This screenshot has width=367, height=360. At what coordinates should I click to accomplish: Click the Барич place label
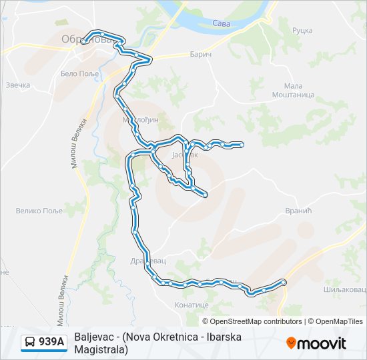pyautogui.click(x=200, y=53)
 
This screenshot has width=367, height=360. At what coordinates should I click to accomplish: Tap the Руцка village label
pyautogui.click(x=302, y=30)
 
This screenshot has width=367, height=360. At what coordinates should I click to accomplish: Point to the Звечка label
pyautogui.click(x=18, y=85)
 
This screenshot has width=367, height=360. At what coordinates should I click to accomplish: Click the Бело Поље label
pyautogui.click(x=79, y=73)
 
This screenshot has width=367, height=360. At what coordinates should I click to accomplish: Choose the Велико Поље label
pyautogui.click(x=39, y=211)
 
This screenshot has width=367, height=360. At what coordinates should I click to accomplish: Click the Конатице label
pyautogui.click(x=192, y=305)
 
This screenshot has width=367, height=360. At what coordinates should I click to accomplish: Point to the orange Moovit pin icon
pyautogui.click(x=291, y=343)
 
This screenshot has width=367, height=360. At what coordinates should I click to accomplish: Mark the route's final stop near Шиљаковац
pyautogui.click(x=284, y=283)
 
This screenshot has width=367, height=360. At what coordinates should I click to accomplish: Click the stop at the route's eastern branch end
pyautogui.click(x=241, y=144)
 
